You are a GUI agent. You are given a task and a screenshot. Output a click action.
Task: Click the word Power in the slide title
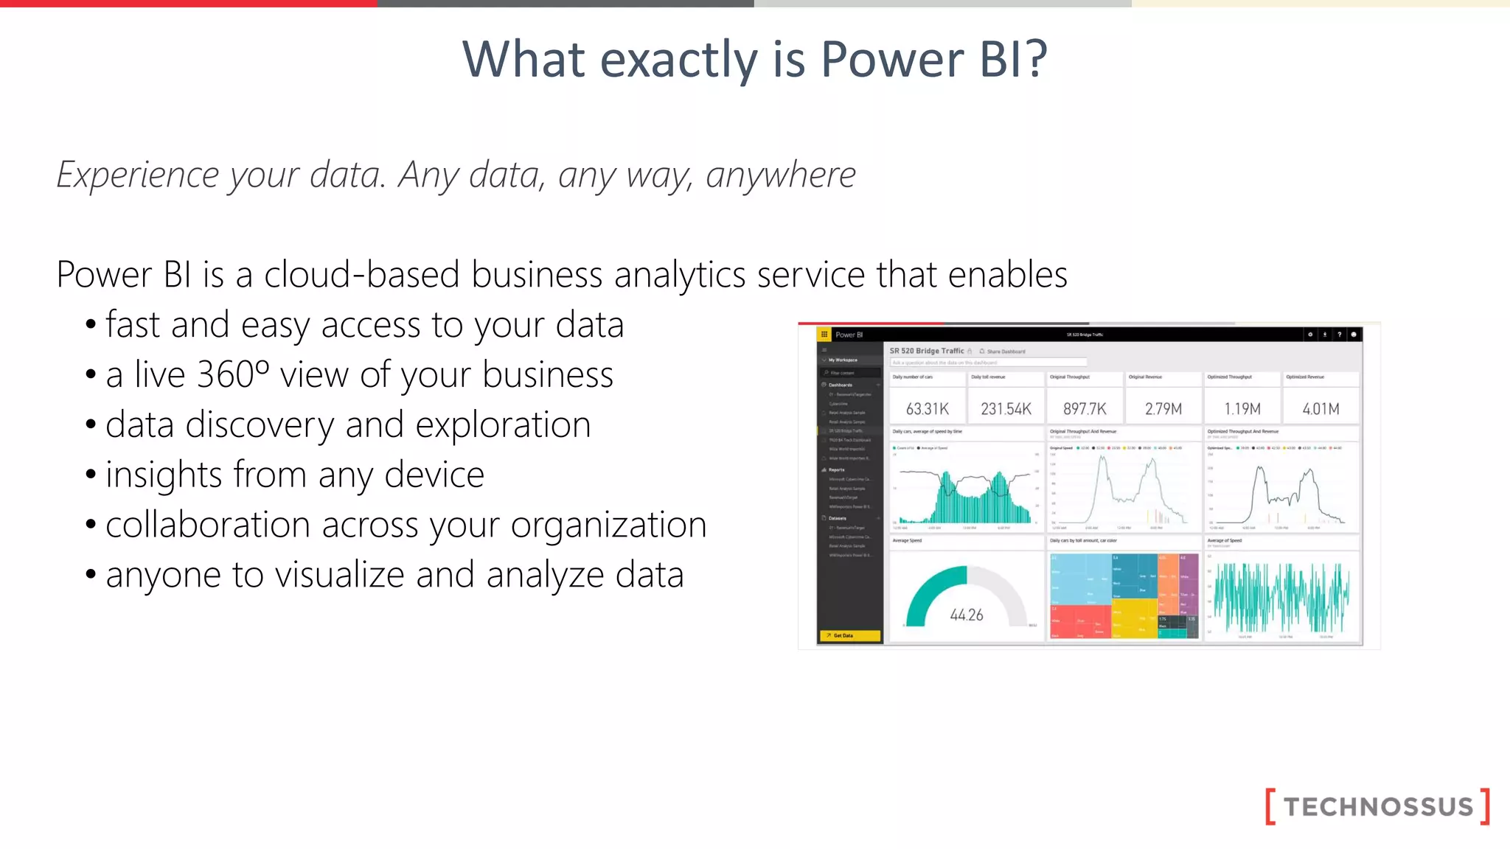click(891, 59)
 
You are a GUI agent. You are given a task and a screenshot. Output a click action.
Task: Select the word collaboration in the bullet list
click(207, 525)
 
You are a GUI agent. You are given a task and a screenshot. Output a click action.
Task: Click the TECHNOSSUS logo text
click(1378, 806)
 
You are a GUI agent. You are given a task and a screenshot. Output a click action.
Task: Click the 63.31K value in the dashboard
click(927, 409)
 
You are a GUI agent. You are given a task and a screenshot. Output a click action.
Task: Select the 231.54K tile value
click(1006, 409)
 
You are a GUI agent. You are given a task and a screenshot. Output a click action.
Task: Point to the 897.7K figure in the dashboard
click(1085, 409)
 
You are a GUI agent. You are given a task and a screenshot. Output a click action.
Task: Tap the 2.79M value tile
click(1163, 409)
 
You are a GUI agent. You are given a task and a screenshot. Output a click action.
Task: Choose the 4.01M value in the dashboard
click(1321, 409)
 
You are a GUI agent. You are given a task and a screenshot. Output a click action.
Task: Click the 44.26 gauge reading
click(967, 615)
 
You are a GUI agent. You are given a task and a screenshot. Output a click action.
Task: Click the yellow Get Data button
click(849, 635)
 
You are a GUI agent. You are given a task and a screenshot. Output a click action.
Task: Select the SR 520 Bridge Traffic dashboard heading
click(927, 351)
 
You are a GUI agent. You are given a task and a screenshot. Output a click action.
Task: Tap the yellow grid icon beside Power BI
click(824, 335)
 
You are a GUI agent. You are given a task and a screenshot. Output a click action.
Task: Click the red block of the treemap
click(1080, 621)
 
